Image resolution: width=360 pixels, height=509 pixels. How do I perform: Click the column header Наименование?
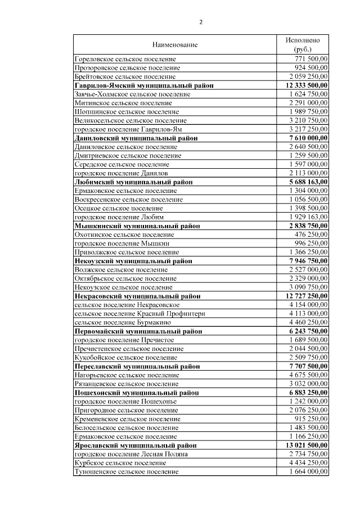click(x=175, y=44)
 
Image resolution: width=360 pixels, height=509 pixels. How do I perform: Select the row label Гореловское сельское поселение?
click(x=125, y=58)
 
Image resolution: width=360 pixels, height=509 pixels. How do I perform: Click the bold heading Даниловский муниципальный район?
click(x=136, y=138)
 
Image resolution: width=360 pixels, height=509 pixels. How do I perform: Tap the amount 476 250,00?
click(x=312, y=235)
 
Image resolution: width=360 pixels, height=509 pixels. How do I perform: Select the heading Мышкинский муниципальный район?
click(x=137, y=226)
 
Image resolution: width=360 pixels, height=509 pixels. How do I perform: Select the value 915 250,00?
click(x=312, y=419)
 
